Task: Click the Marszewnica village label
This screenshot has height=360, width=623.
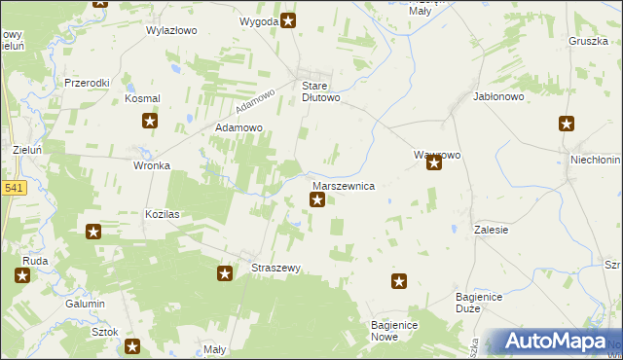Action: tap(343, 185)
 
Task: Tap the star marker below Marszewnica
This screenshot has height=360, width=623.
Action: tap(317, 200)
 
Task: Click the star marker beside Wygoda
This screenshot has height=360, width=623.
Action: tap(288, 20)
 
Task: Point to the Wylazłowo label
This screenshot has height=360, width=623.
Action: tap(171, 30)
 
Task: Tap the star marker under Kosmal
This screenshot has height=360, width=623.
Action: tap(150, 121)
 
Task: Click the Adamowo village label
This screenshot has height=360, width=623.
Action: tap(239, 127)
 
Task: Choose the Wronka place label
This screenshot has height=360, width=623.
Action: tap(152, 165)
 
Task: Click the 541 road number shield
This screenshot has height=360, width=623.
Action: tap(13, 188)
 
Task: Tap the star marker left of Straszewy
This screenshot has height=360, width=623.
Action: tap(225, 274)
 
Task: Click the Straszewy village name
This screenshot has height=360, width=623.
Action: tap(275, 268)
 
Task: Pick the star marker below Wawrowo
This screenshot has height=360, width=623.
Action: tap(434, 163)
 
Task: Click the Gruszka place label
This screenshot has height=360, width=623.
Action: tap(587, 41)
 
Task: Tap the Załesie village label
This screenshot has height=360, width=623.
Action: tap(493, 230)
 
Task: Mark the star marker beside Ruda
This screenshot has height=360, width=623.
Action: tap(22, 275)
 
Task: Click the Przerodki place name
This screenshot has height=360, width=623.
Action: tap(88, 83)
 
